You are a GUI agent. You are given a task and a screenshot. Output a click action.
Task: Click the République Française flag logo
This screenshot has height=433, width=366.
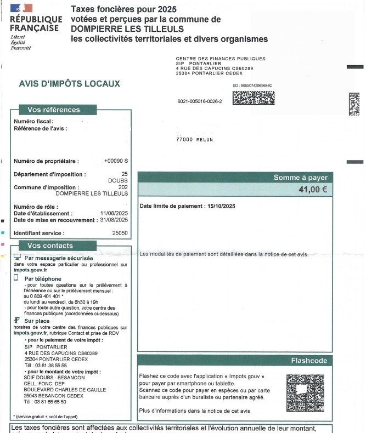21,8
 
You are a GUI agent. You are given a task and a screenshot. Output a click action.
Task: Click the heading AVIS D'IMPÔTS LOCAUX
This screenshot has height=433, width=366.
69,84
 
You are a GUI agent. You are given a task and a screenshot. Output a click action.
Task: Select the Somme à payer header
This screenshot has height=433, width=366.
300,178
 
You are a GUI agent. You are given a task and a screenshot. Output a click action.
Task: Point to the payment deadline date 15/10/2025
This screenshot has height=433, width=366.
221,206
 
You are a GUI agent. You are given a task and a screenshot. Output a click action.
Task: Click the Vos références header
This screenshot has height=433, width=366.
53,110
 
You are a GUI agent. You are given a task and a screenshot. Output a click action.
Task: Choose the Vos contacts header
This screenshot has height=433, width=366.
50,246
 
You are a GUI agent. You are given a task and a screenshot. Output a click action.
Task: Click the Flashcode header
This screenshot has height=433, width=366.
309,361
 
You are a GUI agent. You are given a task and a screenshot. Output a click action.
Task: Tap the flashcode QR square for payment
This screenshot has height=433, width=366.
305,393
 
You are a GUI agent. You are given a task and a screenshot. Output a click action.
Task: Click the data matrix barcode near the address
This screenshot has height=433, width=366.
253,98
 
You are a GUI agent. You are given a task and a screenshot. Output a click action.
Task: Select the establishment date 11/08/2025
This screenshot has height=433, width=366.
114,213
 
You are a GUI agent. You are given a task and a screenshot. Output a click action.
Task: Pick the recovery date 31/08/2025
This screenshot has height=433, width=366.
114,220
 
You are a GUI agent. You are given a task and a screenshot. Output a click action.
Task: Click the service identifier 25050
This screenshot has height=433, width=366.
120,233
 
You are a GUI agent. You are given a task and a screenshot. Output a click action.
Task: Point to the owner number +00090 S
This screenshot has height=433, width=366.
116,161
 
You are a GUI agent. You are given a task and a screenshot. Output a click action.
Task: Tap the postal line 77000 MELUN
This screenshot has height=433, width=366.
194,140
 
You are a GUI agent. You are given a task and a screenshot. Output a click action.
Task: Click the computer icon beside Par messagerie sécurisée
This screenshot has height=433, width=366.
17,257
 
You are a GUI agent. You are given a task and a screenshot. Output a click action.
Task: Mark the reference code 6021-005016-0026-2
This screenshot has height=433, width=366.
200,101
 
